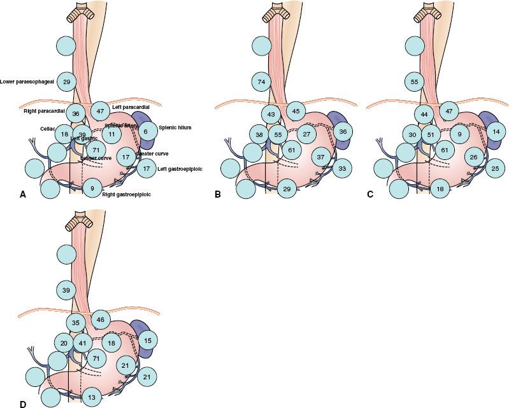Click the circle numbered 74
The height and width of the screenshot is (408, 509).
click(x=261, y=82)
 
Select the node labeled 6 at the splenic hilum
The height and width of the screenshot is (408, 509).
click(x=146, y=132)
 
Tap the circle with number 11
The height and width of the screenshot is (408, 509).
click(x=111, y=135)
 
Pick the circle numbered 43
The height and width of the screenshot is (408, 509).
click(x=271, y=114)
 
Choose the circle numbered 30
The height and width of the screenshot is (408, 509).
click(x=412, y=135)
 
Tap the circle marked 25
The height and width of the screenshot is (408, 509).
click(x=494, y=169)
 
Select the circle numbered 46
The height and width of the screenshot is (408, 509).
click(x=100, y=319)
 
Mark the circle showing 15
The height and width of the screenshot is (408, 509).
click(x=147, y=340)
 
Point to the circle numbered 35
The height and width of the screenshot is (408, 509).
click(x=76, y=323)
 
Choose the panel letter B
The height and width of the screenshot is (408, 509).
click(x=219, y=194)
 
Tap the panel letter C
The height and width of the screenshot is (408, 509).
click(x=370, y=194)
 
